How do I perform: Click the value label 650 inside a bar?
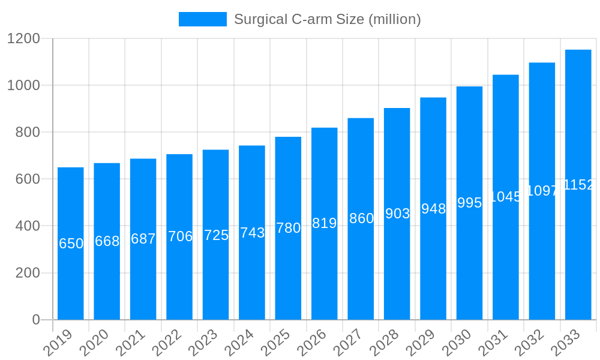(71, 244)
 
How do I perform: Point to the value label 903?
(397, 214)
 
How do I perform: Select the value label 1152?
(578, 185)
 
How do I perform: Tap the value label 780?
(288, 228)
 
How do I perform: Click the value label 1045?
(506, 197)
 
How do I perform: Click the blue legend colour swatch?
(203, 19)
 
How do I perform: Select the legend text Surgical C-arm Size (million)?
(328, 19)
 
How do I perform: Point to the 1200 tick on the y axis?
(23, 38)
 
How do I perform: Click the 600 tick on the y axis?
(28, 179)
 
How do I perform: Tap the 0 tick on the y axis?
(36, 320)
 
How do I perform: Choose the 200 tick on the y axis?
(28, 273)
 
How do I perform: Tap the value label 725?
(216, 235)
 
